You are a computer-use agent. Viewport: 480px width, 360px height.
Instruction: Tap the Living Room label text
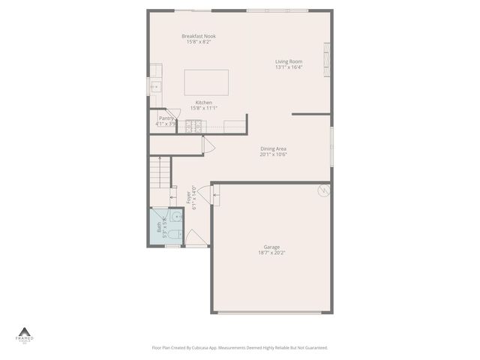(x=289, y=61)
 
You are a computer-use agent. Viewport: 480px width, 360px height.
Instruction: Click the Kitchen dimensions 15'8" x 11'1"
(x=203, y=108)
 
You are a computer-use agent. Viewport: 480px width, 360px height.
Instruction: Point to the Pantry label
(x=166, y=118)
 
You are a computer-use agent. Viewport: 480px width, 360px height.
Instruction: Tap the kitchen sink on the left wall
(x=155, y=87)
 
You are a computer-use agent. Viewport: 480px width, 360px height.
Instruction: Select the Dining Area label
(x=273, y=148)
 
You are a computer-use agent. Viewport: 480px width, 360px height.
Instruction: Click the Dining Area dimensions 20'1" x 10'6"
(x=273, y=154)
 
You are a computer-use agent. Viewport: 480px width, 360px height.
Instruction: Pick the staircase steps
(x=157, y=173)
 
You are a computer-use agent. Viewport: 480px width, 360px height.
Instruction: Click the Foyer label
(x=188, y=198)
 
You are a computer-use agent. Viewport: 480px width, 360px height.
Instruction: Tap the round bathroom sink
(x=174, y=217)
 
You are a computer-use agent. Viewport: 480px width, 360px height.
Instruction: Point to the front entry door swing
(x=196, y=238)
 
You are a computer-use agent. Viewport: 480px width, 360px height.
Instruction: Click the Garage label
(x=271, y=247)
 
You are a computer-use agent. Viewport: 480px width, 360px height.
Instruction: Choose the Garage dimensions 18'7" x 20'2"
(x=271, y=253)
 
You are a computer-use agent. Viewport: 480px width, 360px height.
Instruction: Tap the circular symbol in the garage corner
(x=324, y=190)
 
